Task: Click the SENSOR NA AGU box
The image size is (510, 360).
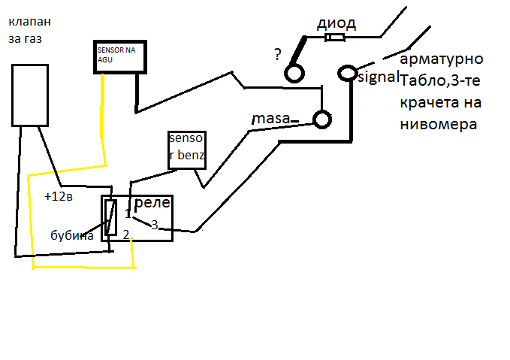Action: pyautogui.click(x=120, y=42)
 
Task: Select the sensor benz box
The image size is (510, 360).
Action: pyautogui.click(x=187, y=132)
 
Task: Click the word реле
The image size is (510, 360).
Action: pyautogui.click(x=152, y=203)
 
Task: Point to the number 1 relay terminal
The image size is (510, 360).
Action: pyautogui.click(x=128, y=214)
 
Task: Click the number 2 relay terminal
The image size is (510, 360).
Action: pyautogui.click(x=126, y=234)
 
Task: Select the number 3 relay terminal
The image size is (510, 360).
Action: pyautogui.click(x=155, y=225)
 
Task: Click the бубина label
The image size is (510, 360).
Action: pyautogui.click(x=72, y=235)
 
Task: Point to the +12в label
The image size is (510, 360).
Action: pyautogui.click(x=59, y=196)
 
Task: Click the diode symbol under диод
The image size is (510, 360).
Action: pyautogui.click(x=335, y=38)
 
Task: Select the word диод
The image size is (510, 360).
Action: pyautogui.click(x=336, y=23)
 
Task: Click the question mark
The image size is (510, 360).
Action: pyautogui.click(x=277, y=54)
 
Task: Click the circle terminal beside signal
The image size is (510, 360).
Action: pyautogui.click(x=348, y=66)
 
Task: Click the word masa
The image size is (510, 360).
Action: pyautogui.click(x=271, y=119)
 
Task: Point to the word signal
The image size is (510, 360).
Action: pyautogui.click(x=379, y=77)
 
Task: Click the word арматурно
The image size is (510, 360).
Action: pyautogui.click(x=442, y=59)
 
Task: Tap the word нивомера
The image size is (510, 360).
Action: pyautogui.click(x=439, y=124)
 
